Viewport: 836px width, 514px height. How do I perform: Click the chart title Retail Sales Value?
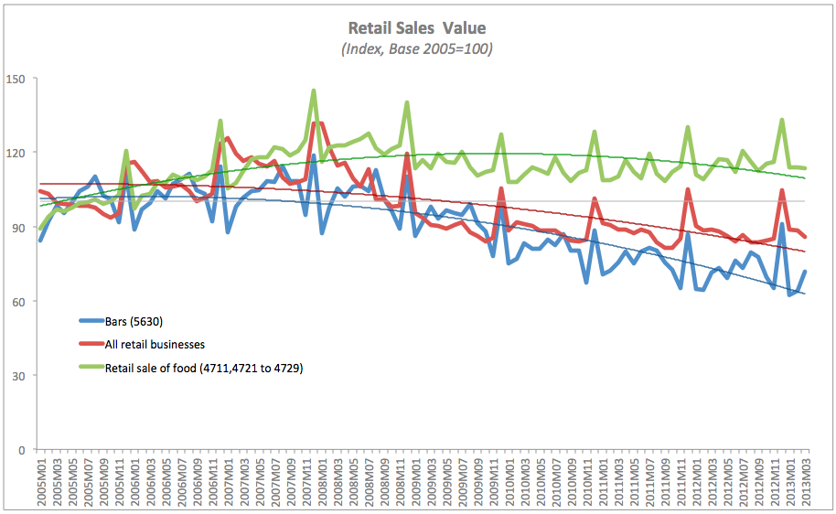coord(417,28)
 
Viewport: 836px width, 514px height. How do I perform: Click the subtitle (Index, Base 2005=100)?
coord(417,48)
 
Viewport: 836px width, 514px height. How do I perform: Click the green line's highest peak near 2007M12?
coord(314,91)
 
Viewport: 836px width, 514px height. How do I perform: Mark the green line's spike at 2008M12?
coord(407,102)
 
